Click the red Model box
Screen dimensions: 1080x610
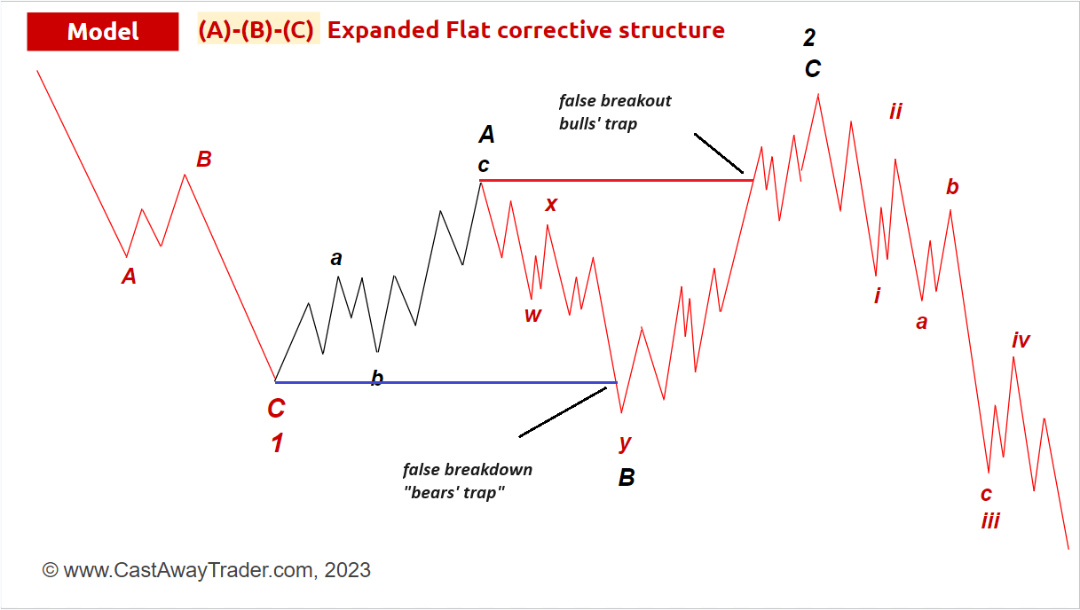click(103, 31)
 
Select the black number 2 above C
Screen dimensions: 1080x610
click(809, 37)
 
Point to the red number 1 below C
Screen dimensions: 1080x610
click(277, 442)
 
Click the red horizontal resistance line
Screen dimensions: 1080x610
click(616, 180)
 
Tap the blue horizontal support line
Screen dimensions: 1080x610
click(446, 382)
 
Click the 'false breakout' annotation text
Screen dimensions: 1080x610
click(615, 101)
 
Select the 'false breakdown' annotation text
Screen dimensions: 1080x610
click(468, 469)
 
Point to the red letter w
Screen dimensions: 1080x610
click(532, 316)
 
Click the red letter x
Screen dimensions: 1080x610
click(551, 204)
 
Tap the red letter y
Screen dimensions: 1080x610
click(625, 443)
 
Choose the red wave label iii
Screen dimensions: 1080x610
click(990, 520)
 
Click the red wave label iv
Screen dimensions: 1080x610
click(1021, 340)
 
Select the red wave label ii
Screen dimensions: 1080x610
click(895, 112)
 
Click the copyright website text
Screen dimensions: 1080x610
click(207, 570)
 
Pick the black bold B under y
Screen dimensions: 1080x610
click(627, 478)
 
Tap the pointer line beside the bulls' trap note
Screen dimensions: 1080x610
click(719, 153)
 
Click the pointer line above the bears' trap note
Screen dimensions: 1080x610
click(563, 412)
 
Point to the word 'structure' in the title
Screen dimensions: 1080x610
click(672, 30)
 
